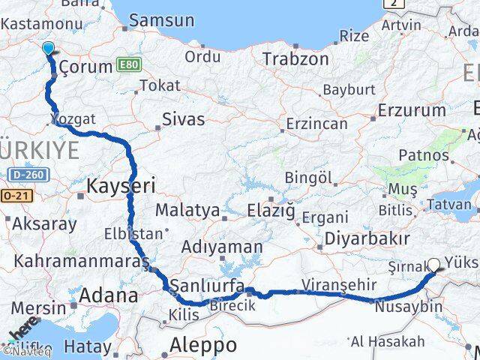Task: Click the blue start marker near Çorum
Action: tap(49, 49)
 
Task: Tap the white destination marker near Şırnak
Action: tap(433, 265)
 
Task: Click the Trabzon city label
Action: tap(295, 58)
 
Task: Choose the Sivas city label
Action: tap(184, 118)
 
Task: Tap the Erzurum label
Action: tap(411, 110)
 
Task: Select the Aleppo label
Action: tap(203, 345)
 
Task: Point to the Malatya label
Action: tap(187, 210)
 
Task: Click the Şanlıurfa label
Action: tap(206, 285)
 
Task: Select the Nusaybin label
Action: tap(408, 307)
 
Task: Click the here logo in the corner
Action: tap(22, 330)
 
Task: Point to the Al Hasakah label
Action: tap(387, 342)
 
